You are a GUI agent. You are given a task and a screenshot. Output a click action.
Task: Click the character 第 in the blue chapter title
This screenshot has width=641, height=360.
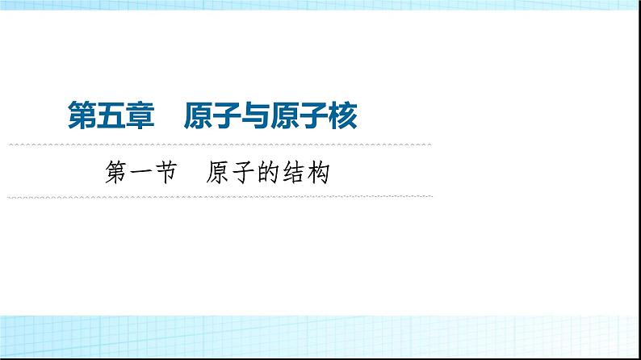82,115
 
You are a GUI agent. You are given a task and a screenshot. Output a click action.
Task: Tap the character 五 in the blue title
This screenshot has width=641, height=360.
111,115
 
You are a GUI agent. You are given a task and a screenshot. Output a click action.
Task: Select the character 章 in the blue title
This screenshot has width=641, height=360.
140,115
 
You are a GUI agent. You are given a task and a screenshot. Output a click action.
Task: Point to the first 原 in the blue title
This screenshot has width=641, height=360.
199,115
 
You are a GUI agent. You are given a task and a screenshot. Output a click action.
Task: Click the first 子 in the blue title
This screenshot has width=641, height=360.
227,115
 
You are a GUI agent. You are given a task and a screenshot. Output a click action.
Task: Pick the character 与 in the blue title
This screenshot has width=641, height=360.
256,115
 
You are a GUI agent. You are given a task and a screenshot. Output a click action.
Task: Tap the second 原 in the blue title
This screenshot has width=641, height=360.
285,115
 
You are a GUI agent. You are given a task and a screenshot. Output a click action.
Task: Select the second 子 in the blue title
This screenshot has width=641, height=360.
314,115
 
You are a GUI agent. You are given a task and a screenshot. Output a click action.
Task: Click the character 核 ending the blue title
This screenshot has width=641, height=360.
343,115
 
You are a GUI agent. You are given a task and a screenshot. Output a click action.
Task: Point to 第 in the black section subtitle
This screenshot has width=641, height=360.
115,172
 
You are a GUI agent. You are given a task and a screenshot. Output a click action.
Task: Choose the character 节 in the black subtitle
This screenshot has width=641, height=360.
166,172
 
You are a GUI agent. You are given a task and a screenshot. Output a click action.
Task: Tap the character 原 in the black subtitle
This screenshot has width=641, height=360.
217,172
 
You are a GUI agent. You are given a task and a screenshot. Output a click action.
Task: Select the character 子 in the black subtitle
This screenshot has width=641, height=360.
243,172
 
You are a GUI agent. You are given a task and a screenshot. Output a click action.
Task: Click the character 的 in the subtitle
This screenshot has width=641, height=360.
268,172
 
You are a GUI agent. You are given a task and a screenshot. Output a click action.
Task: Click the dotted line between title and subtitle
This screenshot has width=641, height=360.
220,144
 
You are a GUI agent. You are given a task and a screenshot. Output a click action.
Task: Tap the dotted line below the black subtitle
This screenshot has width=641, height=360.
220,197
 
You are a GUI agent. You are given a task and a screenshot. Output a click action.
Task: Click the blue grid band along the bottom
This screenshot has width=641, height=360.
320,337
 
